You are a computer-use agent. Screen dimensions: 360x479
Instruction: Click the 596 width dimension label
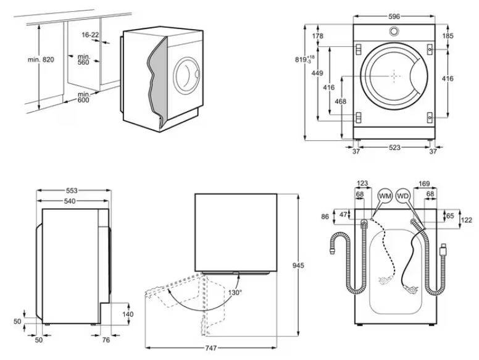tap(394, 17)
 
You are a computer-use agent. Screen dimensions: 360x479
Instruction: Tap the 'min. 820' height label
tap(41, 59)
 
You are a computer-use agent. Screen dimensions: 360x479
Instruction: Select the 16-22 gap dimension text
tap(90, 35)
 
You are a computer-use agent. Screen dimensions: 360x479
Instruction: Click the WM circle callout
tap(385, 196)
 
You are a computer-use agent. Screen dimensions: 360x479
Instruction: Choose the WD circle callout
tap(404, 196)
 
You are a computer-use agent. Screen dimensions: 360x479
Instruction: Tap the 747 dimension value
tap(210, 349)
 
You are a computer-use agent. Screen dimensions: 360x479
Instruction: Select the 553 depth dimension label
tap(72, 191)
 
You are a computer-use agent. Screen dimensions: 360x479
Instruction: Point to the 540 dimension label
tap(72, 201)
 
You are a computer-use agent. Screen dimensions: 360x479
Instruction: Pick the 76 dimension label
tap(105, 340)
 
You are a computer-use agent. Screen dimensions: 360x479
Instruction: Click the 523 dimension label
tap(394, 148)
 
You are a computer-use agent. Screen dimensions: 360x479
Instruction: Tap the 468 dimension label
tap(339, 101)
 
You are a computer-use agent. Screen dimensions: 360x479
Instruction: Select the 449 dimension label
tap(317, 73)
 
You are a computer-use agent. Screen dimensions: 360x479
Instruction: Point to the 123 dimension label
tap(362, 183)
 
